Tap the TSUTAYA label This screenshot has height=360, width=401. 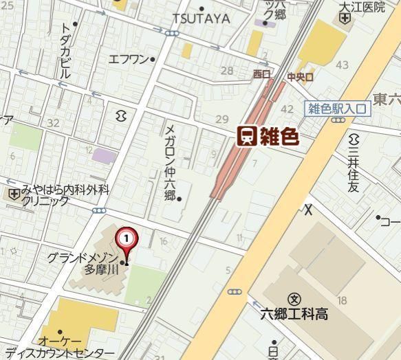[201, 19]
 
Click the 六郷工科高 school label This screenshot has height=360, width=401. [295, 314]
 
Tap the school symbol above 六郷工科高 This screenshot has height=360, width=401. [295, 299]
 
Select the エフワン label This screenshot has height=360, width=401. [129, 59]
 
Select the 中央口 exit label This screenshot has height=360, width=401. [300, 77]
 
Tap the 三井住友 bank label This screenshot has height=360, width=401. [354, 168]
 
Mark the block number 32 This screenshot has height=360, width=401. [53, 123]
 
